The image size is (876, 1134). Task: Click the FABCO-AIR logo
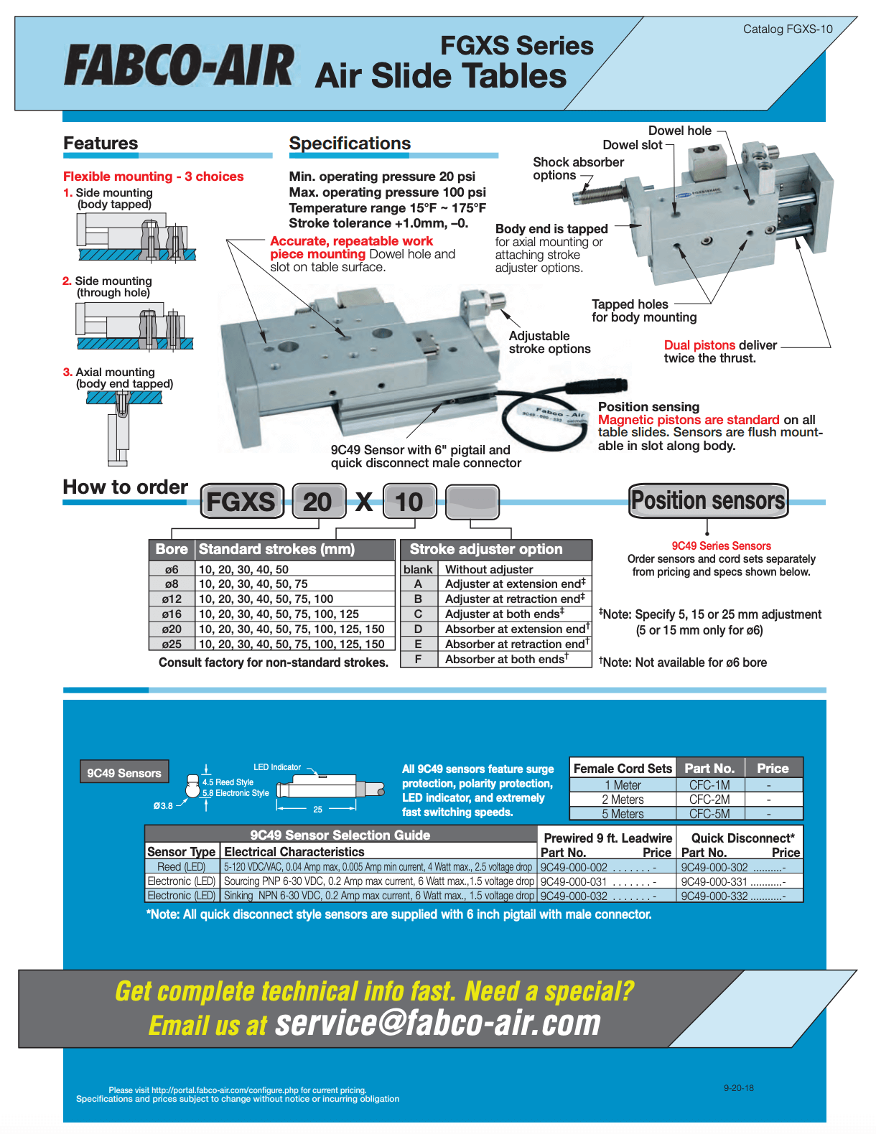179,66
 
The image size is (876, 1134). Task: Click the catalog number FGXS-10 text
788,29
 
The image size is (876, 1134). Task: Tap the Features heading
101,144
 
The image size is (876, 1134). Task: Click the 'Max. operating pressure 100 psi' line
387,192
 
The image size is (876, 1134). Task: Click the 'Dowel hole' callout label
679,131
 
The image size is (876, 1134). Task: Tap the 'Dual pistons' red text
699,345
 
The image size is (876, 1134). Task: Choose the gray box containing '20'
318,502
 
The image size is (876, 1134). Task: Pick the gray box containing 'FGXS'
241,502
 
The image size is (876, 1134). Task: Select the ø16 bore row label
172,614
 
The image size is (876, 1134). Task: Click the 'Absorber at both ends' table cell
506,660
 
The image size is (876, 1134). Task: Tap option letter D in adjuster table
418,629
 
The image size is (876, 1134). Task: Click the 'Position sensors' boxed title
708,500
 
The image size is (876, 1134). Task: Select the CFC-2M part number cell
709,800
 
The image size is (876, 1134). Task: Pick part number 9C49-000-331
714,881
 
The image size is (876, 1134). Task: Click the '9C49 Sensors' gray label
124,773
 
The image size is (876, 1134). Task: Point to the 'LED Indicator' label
276,767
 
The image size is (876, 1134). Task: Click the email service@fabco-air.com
438,1023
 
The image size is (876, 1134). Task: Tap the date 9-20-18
738,1088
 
